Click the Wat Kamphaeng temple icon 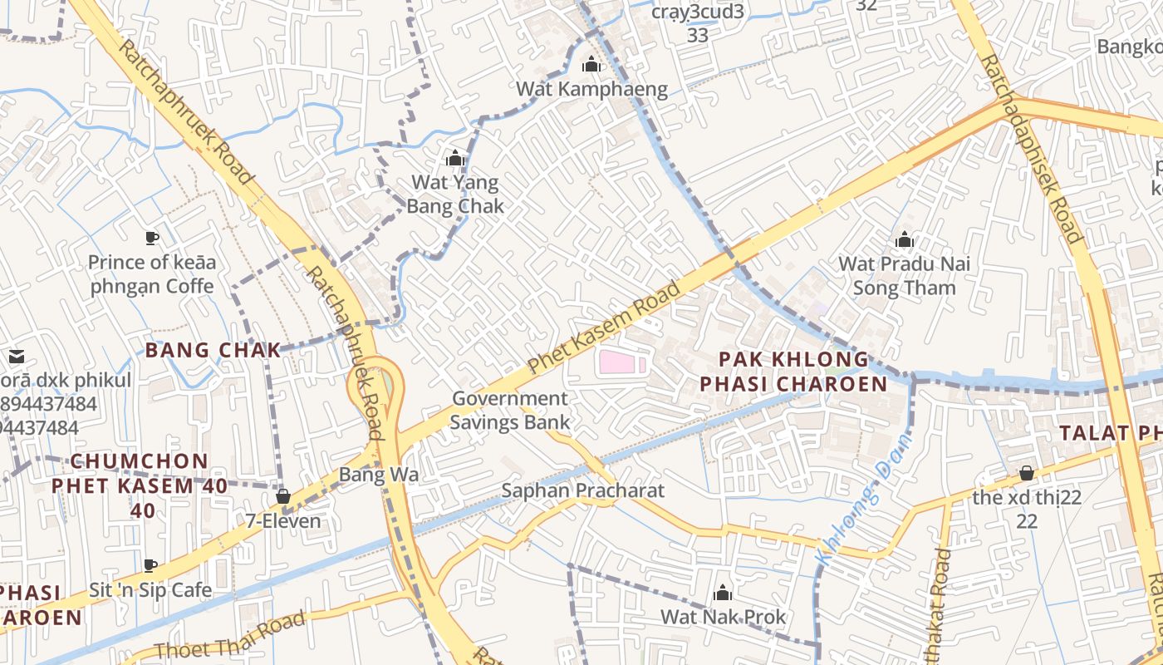pyautogui.click(x=591, y=64)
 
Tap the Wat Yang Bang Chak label pyautogui.click(x=455, y=194)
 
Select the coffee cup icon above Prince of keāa pyautogui.click(x=151, y=239)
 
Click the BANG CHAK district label pyautogui.click(x=213, y=350)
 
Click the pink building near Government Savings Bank pyautogui.click(x=619, y=362)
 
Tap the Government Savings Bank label pyautogui.click(x=510, y=410)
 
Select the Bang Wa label pyautogui.click(x=378, y=475)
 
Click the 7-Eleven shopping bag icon pyautogui.click(x=283, y=496)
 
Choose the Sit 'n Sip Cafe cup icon pyautogui.click(x=150, y=566)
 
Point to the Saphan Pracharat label pyautogui.click(x=582, y=490)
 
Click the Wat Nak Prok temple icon pyautogui.click(x=723, y=593)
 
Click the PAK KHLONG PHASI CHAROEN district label pyautogui.click(x=793, y=372)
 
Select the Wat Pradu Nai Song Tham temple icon pyautogui.click(x=905, y=241)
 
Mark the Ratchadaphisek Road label pyautogui.click(x=1030, y=150)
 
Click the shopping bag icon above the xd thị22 pyautogui.click(x=1027, y=474)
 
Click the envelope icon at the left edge pyautogui.click(x=16, y=357)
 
